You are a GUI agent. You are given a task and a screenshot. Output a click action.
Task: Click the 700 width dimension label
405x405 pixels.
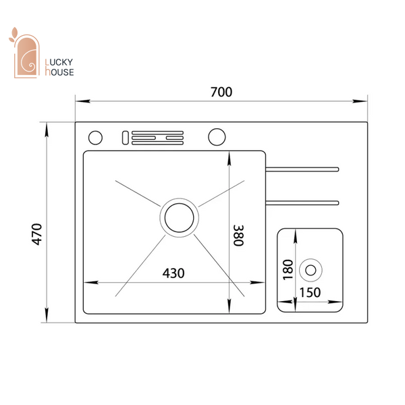(221, 92)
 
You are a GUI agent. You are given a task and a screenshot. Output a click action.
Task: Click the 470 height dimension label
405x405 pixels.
(36, 234)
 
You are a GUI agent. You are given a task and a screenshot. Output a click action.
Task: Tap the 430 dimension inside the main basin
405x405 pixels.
(173, 273)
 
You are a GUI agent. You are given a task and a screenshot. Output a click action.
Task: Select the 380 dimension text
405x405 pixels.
(238, 236)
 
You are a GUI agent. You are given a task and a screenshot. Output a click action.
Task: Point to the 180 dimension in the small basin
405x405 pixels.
(288, 269)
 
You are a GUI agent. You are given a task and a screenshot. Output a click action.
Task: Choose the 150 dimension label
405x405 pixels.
(310, 293)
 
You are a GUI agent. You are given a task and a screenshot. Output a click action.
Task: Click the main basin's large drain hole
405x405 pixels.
(180, 218)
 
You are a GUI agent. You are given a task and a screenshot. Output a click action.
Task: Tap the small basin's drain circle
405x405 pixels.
(310, 270)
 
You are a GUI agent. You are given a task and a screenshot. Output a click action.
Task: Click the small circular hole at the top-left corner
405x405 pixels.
(95, 138)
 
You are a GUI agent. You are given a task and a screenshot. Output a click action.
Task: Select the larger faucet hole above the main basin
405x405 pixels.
(217, 137)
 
